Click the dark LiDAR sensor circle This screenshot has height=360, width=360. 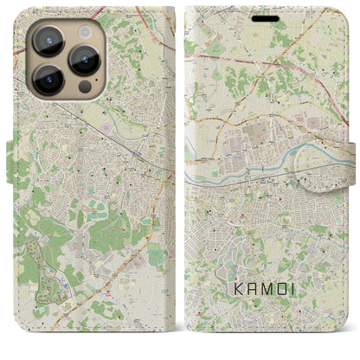pos(84,87)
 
